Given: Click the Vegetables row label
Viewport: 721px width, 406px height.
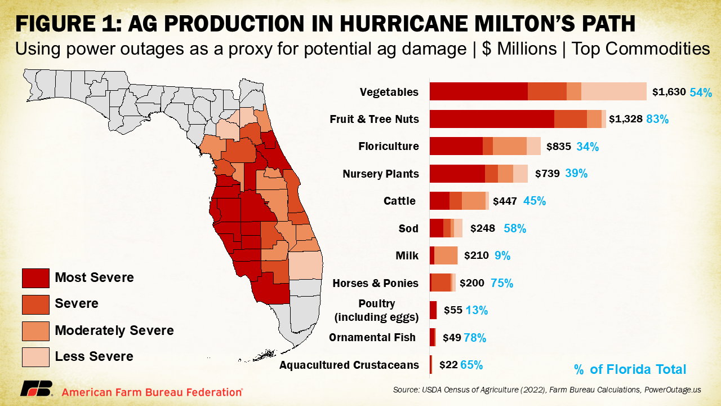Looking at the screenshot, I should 389,92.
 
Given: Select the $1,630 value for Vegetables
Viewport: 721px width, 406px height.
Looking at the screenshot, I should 669,92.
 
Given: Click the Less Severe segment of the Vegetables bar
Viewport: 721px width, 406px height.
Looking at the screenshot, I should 613,91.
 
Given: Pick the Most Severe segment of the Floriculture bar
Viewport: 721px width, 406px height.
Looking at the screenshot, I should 456,146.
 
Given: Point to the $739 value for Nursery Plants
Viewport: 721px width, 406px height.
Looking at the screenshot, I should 547,174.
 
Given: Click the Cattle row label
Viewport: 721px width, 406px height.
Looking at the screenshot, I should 399,201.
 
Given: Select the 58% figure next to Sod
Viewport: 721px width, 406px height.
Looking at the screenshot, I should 515,228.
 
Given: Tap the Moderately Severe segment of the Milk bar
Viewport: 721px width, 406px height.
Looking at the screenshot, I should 446,255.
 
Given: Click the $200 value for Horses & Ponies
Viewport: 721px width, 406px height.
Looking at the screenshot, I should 471,283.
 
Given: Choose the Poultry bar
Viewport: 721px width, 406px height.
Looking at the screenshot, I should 433,310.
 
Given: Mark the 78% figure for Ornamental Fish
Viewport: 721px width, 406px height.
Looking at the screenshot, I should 475,338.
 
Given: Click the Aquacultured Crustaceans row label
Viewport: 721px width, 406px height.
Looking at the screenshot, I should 349,365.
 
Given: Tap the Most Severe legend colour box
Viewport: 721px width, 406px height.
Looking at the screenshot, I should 35,277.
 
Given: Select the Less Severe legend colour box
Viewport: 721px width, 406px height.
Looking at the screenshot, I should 35,356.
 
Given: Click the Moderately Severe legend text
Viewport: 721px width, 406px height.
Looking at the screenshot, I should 114,330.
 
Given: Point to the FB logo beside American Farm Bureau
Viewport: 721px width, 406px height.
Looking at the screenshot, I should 36,389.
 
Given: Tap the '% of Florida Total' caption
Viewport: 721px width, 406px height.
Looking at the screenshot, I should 630,370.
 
